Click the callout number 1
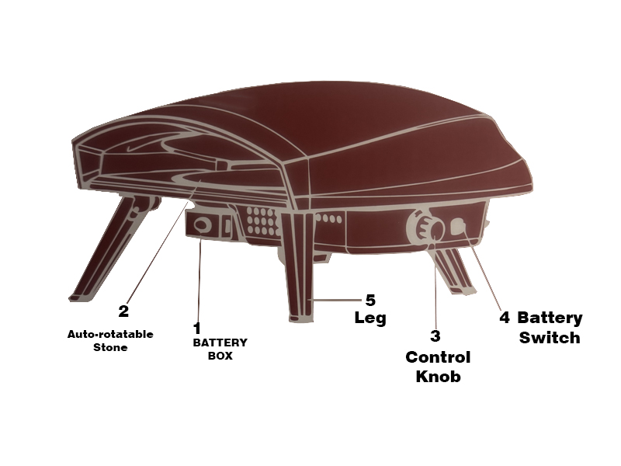(x=197, y=329)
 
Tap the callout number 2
(x=123, y=311)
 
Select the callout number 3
(x=435, y=336)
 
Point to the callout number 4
(x=504, y=318)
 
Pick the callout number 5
(x=370, y=301)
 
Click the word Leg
(x=370, y=318)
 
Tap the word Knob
(x=438, y=376)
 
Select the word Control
(x=438, y=357)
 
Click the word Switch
(x=550, y=338)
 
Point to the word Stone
(x=110, y=347)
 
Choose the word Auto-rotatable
(x=110, y=334)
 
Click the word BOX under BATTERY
(x=220, y=356)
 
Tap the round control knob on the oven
(x=427, y=228)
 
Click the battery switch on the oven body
(x=459, y=228)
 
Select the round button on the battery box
(x=201, y=225)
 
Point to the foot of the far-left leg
(x=82, y=297)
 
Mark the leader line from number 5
(x=335, y=301)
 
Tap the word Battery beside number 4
(x=550, y=318)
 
